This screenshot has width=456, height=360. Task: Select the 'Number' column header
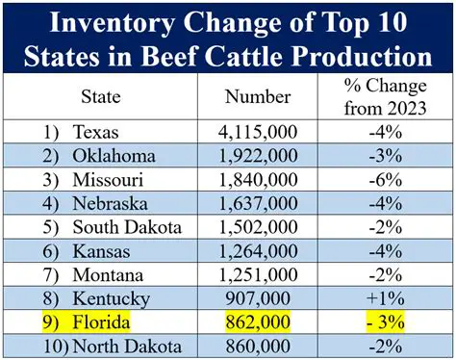click(x=257, y=97)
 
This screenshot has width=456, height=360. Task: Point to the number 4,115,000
click(x=257, y=131)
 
